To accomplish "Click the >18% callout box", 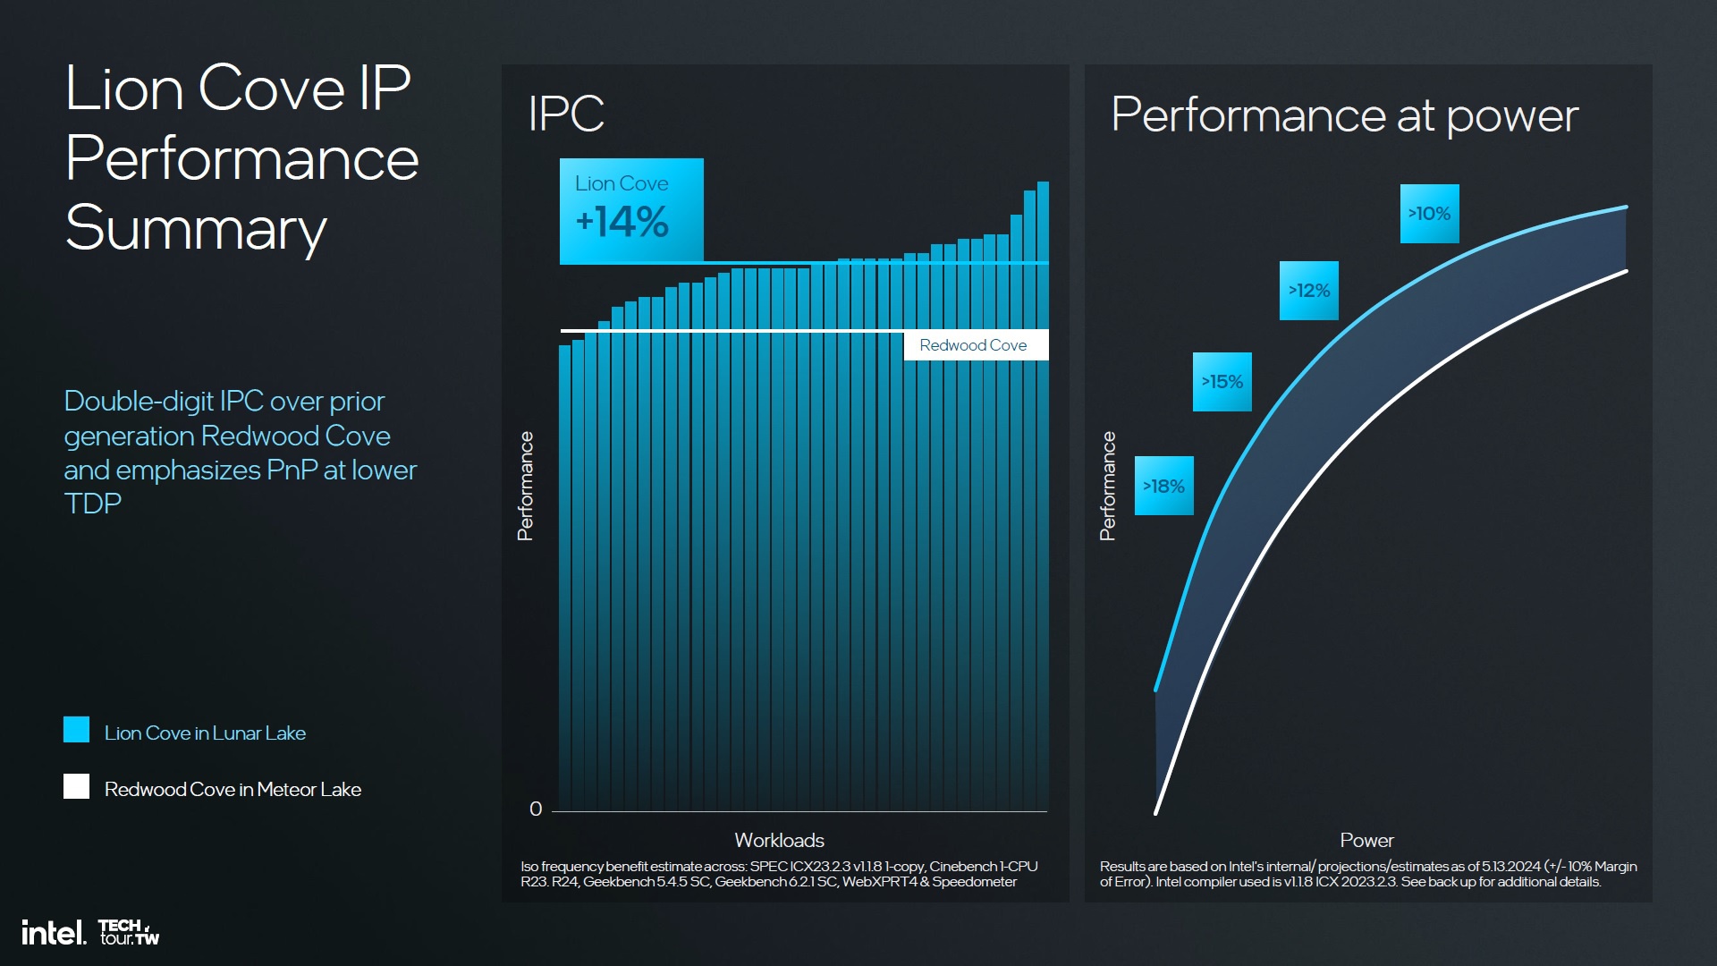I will (1163, 486).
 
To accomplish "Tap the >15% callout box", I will (1222, 382).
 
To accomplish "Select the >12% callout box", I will (1308, 291).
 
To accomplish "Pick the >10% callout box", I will (1429, 214).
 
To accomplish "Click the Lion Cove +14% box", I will (630, 211).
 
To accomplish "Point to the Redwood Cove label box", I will (975, 345).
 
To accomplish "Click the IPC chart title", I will (566, 114).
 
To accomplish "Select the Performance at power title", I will (1344, 116).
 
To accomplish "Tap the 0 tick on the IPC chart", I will (536, 809).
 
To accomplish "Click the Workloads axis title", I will (779, 841).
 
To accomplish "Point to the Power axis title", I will (1366, 841).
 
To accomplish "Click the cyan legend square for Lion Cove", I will (77, 730).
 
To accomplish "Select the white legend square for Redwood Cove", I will (77, 786).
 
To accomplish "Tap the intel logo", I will (54, 933).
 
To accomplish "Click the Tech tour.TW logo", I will (129, 932).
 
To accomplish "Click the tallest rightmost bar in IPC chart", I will (1043, 492).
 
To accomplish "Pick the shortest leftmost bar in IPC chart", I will (564, 572).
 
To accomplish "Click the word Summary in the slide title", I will (196, 229).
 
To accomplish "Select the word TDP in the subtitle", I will (93, 504).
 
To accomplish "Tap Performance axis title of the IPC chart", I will (525, 486).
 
